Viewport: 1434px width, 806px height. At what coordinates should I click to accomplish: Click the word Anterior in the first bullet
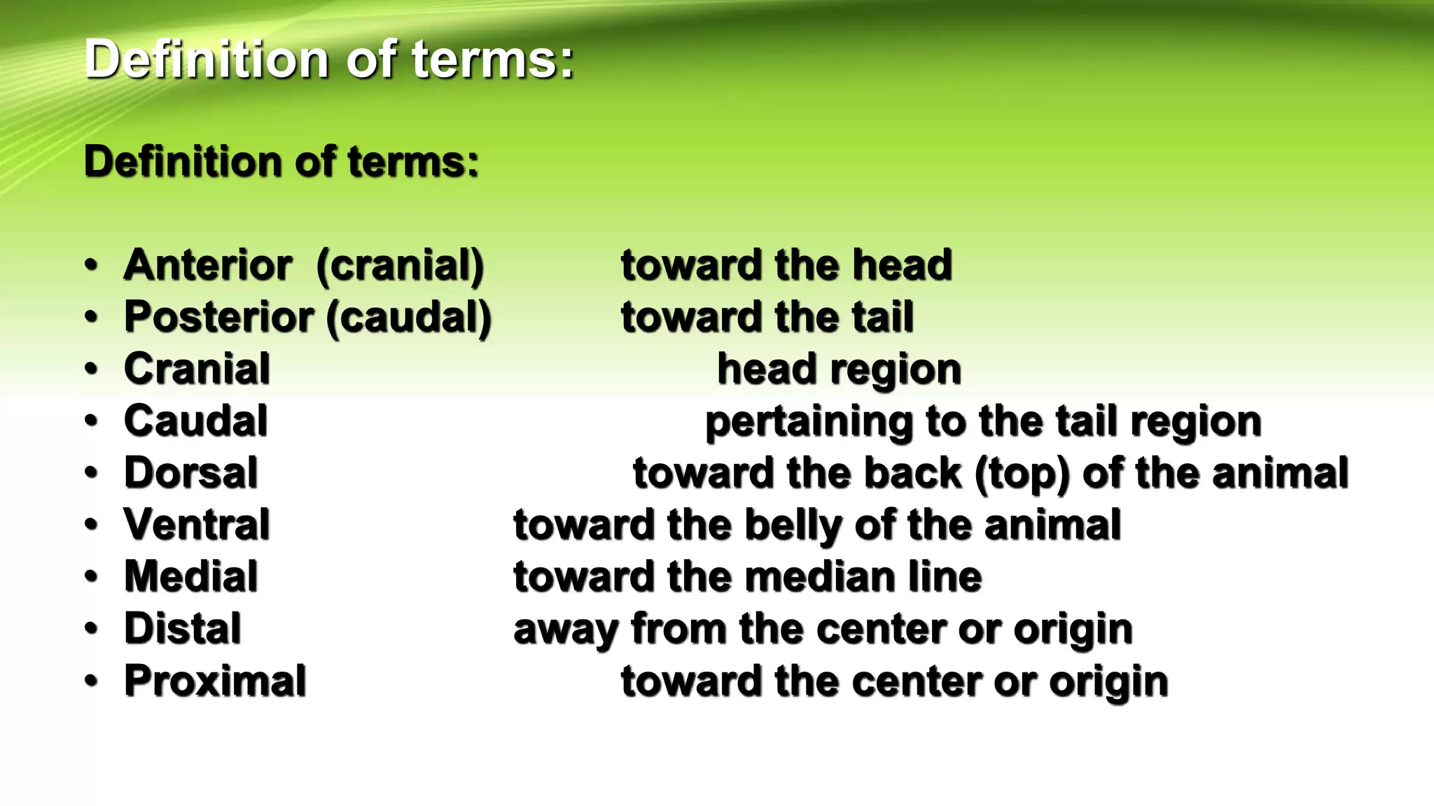[208, 265]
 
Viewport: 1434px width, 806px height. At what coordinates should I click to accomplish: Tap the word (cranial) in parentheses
[400, 267]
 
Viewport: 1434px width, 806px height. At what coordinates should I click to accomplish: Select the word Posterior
[219, 318]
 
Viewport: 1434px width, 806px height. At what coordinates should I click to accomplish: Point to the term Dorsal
[191, 473]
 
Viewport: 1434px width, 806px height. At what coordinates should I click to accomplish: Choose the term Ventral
[197, 525]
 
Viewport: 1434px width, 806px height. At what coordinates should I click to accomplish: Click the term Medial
[191, 577]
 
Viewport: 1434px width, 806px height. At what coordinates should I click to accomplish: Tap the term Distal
[183, 629]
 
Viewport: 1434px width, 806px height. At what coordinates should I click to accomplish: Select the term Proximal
[215, 681]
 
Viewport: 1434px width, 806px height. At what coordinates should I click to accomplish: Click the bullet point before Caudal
[92, 421]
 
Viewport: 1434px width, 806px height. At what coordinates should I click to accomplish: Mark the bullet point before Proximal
[92, 681]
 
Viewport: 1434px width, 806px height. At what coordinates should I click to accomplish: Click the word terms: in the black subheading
[413, 162]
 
